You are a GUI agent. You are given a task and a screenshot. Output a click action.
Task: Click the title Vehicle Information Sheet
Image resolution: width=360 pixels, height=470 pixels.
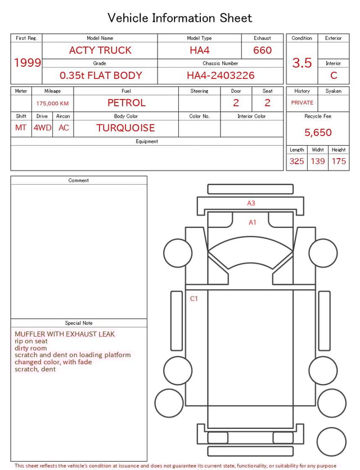[x=180, y=18]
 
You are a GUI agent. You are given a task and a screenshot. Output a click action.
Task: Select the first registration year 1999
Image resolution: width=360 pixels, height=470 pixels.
[x=27, y=62]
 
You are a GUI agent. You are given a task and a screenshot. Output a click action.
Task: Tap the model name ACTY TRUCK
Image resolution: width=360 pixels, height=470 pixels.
[x=100, y=51]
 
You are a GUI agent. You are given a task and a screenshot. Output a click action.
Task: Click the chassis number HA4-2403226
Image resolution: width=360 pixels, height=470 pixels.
[x=220, y=75]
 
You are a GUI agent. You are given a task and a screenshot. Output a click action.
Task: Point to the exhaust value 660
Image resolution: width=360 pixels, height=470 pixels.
[x=262, y=51]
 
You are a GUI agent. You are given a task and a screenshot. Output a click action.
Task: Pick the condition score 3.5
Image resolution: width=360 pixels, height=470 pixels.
[x=302, y=63]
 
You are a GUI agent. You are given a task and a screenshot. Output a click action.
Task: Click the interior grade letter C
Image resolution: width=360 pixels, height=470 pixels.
[x=334, y=75]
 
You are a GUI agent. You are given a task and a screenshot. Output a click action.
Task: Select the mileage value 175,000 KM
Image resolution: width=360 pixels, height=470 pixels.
[x=52, y=104]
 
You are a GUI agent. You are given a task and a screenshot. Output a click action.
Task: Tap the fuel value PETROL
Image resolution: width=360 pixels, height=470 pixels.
[x=126, y=103]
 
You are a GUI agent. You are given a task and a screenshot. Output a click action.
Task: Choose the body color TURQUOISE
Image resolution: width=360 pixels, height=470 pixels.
[x=125, y=128]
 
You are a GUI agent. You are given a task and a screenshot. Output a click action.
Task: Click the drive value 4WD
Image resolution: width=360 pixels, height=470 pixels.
[x=42, y=128]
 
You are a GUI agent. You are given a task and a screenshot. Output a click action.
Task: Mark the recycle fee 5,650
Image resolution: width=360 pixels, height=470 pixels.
[x=318, y=133]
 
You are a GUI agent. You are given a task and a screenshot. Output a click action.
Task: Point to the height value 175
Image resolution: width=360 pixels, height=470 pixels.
[x=339, y=162]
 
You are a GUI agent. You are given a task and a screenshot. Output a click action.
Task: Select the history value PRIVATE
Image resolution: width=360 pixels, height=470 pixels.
[x=302, y=103]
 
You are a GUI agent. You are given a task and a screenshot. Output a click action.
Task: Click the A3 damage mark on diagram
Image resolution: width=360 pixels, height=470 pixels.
[x=251, y=203]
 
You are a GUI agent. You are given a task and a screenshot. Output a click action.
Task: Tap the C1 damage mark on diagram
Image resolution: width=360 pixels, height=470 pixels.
[x=194, y=299]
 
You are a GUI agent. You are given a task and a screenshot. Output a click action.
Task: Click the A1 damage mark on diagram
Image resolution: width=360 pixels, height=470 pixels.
[x=253, y=222]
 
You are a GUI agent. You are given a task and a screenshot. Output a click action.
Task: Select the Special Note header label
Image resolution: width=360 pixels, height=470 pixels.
[x=79, y=323]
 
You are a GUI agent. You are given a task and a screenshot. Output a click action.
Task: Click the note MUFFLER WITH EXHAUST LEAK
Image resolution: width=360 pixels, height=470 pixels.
[x=65, y=334]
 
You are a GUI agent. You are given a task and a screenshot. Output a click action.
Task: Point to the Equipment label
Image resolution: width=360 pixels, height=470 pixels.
[x=147, y=142]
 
